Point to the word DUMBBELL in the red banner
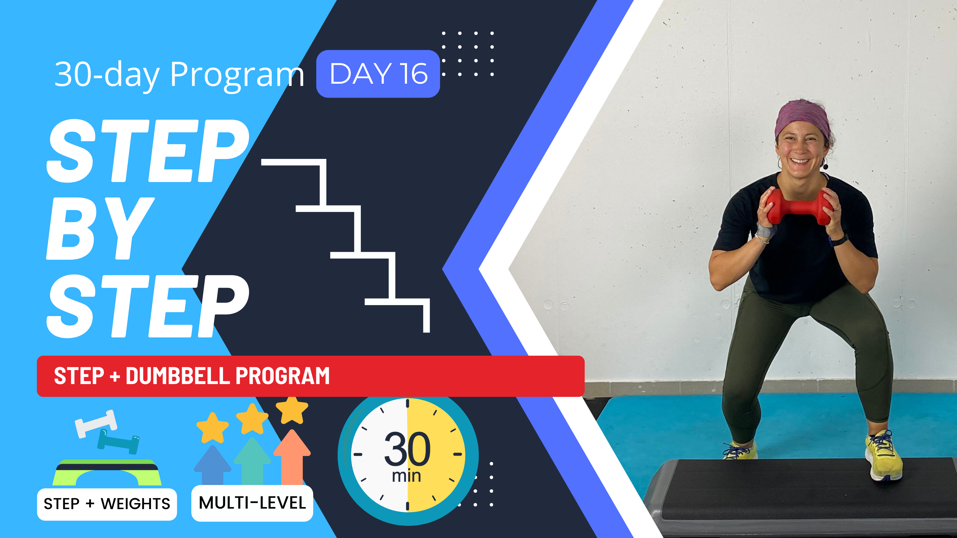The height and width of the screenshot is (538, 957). pos(178,376)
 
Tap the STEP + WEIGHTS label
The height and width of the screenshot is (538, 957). pos(107,504)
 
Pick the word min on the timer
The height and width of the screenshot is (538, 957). pos(406,476)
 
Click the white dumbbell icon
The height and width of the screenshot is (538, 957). pos(95,423)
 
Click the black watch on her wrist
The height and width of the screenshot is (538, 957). pos(839,240)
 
